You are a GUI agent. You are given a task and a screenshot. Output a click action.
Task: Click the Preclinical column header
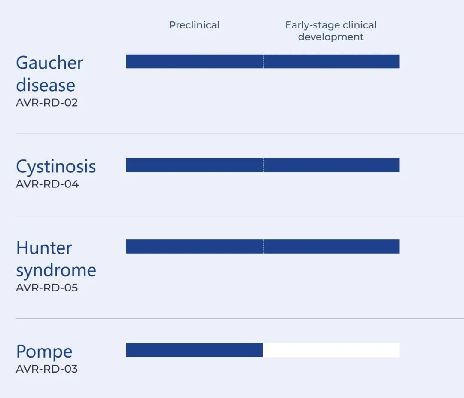[x=194, y=25]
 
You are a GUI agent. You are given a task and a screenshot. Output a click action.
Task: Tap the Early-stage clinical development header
[x=331, y=31]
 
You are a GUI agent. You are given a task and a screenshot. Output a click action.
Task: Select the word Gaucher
[x=49, y=63]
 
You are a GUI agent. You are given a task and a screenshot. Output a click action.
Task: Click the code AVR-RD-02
[x=47, y=103]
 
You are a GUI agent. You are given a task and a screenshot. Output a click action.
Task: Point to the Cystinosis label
[x=56, y=167]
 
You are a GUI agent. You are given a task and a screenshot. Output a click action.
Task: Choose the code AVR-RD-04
[x=47, y=184]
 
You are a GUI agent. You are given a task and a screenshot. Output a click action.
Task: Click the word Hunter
[x=44, y=248]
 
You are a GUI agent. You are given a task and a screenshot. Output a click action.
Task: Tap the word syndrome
[x=56, y=271]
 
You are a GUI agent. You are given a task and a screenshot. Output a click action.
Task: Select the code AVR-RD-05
[x=47, y=288]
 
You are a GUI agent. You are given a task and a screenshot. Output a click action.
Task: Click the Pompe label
[x=44, y=352]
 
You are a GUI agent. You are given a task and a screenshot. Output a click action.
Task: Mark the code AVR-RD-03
[x=47, y=369]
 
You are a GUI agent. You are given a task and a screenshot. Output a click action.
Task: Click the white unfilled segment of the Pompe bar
[x=331, y=350]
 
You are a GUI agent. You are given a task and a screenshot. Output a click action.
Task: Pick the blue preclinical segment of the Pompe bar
[x=195, y=350]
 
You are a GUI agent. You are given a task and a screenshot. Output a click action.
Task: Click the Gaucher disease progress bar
[x=263, y=61]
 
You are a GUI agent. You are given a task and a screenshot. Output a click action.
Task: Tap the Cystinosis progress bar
[x=263, y=165]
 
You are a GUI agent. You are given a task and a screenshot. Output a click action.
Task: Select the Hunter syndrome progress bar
[x=263, y=246]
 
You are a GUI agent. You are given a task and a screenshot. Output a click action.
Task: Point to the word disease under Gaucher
[x=46, y=85]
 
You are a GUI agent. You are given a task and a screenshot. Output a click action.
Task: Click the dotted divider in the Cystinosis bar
[x=263, y=165]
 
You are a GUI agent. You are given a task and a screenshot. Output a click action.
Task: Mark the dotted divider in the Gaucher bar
[x=263, y=61]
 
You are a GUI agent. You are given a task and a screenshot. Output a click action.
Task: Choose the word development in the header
[x=331, y=37]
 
